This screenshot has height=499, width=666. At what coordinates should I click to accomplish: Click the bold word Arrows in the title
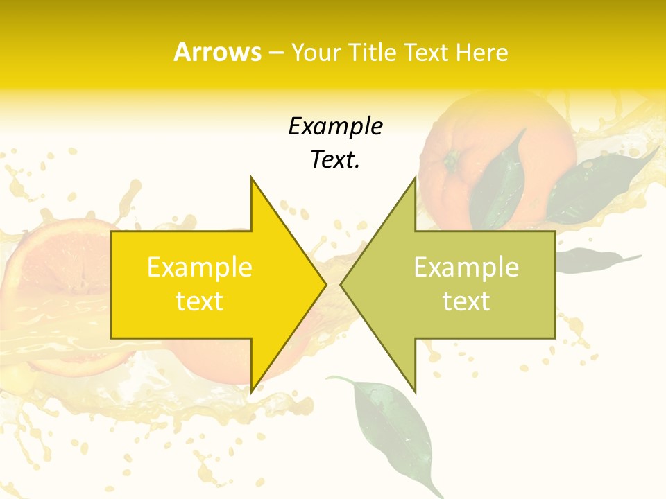click(217, 52)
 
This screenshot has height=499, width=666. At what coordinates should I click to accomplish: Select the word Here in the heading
click(483, 53)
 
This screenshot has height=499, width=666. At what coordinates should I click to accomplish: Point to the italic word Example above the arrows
click(335, 126)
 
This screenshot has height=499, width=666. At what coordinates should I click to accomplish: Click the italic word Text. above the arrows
click(335, 160)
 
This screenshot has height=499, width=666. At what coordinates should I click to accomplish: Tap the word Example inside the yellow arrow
click(199, 267)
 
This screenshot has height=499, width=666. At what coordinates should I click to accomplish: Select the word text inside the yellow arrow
click(199, 301)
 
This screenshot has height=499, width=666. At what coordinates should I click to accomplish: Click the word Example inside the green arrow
click(466, 267)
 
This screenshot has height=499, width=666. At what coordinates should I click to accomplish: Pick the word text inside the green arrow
click(466, 301)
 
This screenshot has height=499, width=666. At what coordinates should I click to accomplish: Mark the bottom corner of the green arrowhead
click(414, 392)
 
